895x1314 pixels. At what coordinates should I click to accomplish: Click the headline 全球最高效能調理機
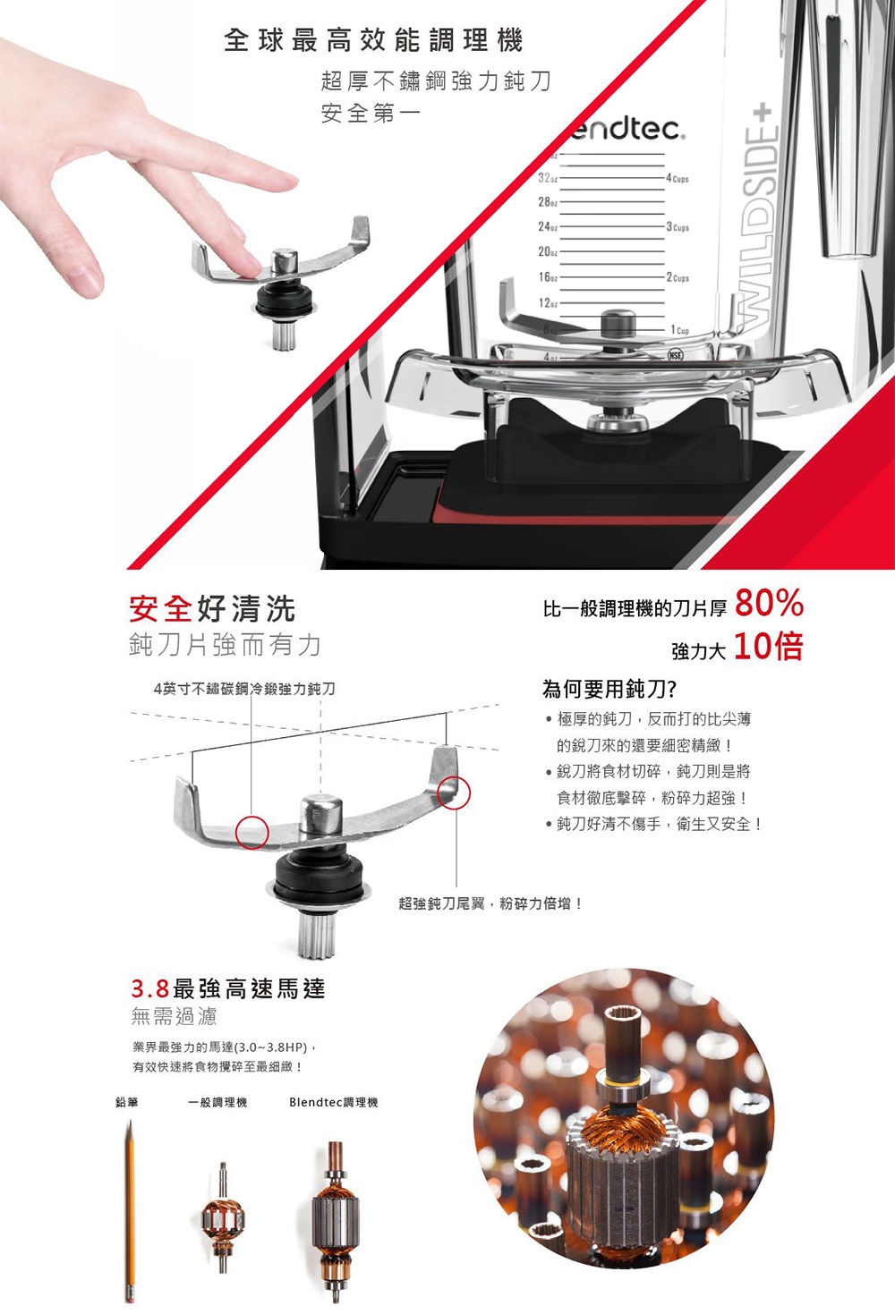pos(373,40)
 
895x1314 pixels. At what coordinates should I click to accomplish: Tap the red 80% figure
pos(769,605)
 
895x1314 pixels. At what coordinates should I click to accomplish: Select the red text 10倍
pos(769,646)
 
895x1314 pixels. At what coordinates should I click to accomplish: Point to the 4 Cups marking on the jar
pos(678,179)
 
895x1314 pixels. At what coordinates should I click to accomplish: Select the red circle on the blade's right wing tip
pos(453,793)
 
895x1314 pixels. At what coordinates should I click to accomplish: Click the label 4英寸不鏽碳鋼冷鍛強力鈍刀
pos(244,689)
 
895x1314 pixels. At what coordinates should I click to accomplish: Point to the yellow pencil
pos(130,1208)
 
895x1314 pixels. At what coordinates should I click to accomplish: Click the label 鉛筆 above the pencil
pos(127,1102)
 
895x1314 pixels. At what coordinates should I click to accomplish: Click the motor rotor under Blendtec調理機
pos(334,1221)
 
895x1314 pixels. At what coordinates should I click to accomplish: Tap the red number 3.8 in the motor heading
pos(150,989)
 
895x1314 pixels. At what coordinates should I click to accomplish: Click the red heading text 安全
pos(161,609)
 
